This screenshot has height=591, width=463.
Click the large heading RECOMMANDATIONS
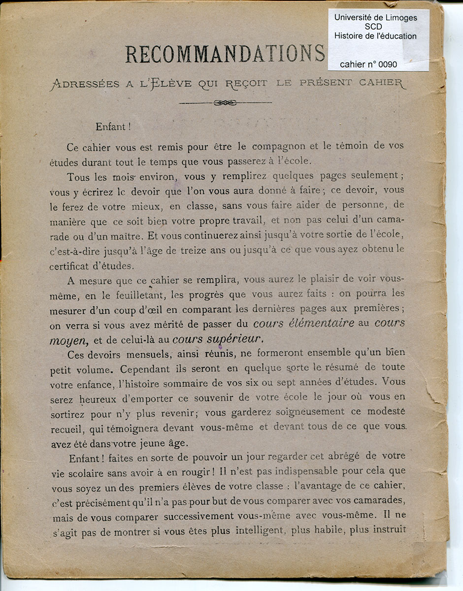225,54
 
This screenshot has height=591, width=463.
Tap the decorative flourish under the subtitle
225,102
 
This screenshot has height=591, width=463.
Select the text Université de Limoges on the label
375,17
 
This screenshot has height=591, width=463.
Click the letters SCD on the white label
375,27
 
